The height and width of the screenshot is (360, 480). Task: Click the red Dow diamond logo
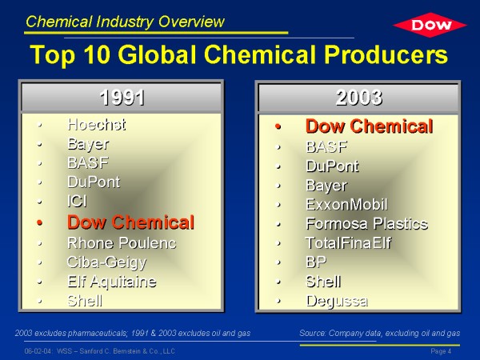[430, 25]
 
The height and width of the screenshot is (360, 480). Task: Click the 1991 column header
[122, 98]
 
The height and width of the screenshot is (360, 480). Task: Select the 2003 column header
[358, 98]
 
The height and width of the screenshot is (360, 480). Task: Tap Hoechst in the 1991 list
[97, 125]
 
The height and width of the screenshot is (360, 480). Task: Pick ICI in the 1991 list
[77, 202]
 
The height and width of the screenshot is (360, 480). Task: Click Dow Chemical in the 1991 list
[130, 222]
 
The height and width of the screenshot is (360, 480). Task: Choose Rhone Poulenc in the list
[122, 243]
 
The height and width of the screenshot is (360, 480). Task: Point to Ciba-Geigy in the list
[106, 262]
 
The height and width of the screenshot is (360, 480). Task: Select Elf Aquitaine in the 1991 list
[112, 282]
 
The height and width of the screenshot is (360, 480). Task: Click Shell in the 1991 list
[85, 301]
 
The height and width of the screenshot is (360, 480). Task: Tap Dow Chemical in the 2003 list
[370, 126]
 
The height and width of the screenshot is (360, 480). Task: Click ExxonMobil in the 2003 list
[347, 205]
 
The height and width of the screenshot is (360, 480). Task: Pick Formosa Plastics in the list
[367, 223]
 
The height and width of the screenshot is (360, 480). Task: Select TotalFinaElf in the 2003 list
[348, 243]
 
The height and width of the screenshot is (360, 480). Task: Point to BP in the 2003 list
[316, 262]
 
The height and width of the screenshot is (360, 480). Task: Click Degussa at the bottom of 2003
[337, 301]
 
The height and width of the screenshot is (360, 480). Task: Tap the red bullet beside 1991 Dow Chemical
[39, 222]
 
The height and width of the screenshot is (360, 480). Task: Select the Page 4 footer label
[441, 351]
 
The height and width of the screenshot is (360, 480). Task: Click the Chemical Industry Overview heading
[125, 22]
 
